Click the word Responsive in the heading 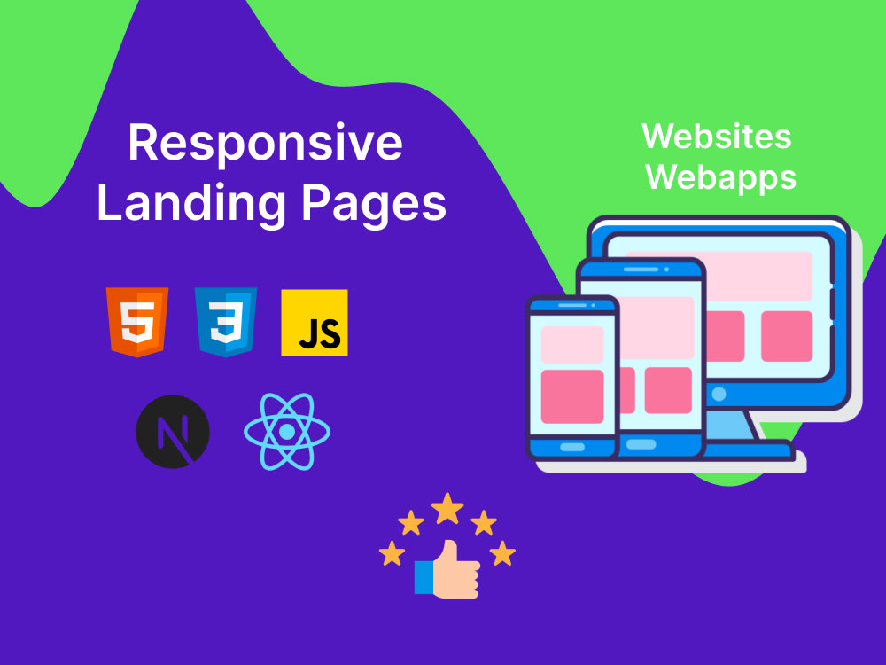point(265,145)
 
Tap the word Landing point(191,204)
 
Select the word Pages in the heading point(374,205)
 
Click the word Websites point(717,137)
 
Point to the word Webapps point(721,178)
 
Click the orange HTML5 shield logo point(137,323)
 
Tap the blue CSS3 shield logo point(226,323)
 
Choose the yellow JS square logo point(315,323)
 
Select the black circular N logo point(173,432)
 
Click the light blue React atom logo point(287,432)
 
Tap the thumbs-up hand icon point(447,569)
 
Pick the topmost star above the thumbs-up point(447,508)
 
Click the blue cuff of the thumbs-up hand point(424,577)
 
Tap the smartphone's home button point(571,447)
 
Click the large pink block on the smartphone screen point(572,396)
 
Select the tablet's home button point(641,444)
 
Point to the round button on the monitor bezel point(719,395)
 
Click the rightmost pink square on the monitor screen point(787,336)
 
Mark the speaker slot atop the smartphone point(571,305)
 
